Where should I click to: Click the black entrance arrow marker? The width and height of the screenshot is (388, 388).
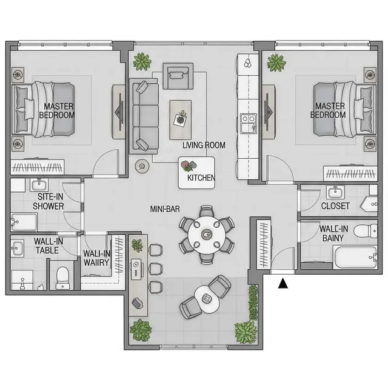[x=283, y=284]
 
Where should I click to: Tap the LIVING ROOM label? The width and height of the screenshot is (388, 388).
[x=204, y=145]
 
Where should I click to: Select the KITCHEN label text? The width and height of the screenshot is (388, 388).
[x=201, y=178]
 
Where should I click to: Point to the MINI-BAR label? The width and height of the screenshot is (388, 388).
[x=165, y=209]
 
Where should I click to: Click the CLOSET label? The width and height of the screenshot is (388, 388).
[x=335, y=206]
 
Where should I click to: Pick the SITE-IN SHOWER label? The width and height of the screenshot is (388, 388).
[x=48, y=201]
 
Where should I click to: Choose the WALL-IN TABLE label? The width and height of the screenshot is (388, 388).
[x=48, y=246]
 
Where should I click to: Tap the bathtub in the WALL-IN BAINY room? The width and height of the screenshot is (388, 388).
[x=355, y=257]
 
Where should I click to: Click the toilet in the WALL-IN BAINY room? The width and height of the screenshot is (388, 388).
[x=366, y=231]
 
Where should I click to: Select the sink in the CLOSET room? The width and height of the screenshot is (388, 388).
[x=335, y=192]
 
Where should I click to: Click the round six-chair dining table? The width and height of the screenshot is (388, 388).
[x=207, y=235]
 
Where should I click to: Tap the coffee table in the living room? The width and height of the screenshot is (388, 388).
[x=181, y=120]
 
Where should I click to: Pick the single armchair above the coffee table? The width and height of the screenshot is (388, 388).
[x=178, y=76]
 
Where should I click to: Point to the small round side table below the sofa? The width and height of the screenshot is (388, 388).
[x=142, y=166]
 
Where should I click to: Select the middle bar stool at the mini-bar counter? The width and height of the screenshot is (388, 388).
[x=156, y=269]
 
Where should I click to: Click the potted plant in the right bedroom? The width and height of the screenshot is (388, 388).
[x=276, y=62]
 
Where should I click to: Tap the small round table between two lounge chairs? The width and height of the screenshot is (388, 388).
[x=207, y=299]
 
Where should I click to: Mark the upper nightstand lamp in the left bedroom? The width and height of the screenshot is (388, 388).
[x=18, y=74]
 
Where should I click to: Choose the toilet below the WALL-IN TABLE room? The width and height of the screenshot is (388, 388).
[x=62, y=278]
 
